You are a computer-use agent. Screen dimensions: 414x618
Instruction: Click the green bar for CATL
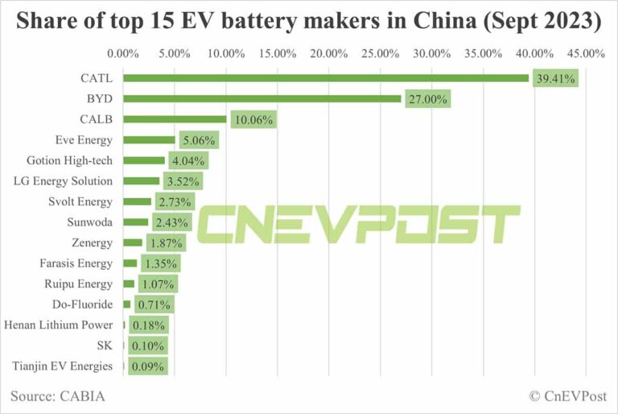tap(326, 78)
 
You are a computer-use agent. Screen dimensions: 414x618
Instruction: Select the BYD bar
tap(262, 98)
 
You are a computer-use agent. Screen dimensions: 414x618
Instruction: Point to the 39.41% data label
tap(556, 79)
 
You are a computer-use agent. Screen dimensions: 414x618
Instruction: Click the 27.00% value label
tap(427, 99)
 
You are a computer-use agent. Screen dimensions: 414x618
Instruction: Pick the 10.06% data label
tap(253, 120)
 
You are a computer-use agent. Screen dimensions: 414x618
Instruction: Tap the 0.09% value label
tap(146, 366)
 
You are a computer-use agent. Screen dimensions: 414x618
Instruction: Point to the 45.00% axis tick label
tap(585, 54)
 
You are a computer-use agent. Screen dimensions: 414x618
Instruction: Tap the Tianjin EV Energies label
tap(62, 366)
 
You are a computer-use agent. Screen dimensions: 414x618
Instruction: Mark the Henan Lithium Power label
tap(59, 325)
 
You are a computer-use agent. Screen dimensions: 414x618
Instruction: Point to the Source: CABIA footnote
tap(58, 396)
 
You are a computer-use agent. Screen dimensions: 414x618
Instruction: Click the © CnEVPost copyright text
tap(566, 396)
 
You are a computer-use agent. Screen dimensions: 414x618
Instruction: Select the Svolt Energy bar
tap(137, 201)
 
